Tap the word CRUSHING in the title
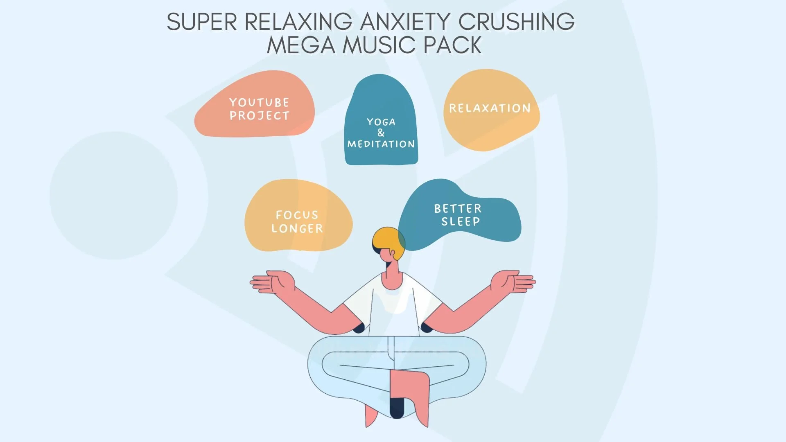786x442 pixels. point(516,22)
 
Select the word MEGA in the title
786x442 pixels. point(301,45)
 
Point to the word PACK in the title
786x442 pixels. point(452,45)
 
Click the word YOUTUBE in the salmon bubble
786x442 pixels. point(259,102)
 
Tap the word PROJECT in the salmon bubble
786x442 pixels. point(259,116)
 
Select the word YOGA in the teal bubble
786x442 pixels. point(381,122)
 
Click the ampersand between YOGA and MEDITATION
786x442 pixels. point(381,133)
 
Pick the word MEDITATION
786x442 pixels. point(381,144)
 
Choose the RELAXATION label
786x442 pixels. point(490,108)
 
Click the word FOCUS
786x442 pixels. point(297,215)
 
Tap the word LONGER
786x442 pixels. point(297,228)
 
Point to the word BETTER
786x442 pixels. point(458,209)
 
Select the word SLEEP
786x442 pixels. point(461,222)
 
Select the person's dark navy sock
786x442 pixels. point(396,407)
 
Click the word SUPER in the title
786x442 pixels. point(202,22)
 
